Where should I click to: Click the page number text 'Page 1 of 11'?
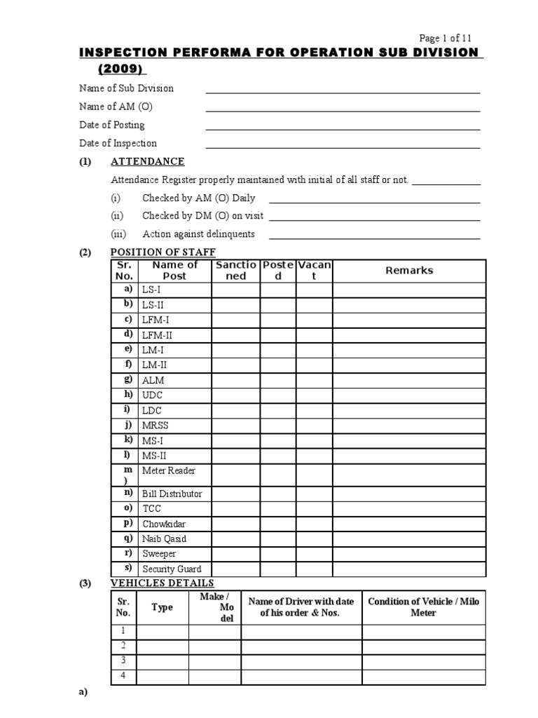(x=450, y=39)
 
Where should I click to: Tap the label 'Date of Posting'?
(x=112, y=125)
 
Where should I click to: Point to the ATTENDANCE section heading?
(x=148, y=161)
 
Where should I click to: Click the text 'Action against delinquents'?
(x=198, y=234)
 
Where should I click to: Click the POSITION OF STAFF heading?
(x=163, y=252)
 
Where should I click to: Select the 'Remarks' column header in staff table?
(x=409, y=270)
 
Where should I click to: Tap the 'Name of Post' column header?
(x=174, y=270)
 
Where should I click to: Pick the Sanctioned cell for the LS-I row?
(x=235, y=290)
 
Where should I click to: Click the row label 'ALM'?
(x=153, y=380)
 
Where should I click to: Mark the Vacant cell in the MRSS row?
(x=314, y=426)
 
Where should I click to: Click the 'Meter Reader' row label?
(x=169, y=470)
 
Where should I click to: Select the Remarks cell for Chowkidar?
(x=409, y=524)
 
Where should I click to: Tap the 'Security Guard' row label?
(x=172, y=569)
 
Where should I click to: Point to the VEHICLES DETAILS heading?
(x=163, y=583)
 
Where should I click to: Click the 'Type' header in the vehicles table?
(x=162, y=607)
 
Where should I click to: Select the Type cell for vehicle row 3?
(x=162, y=661)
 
